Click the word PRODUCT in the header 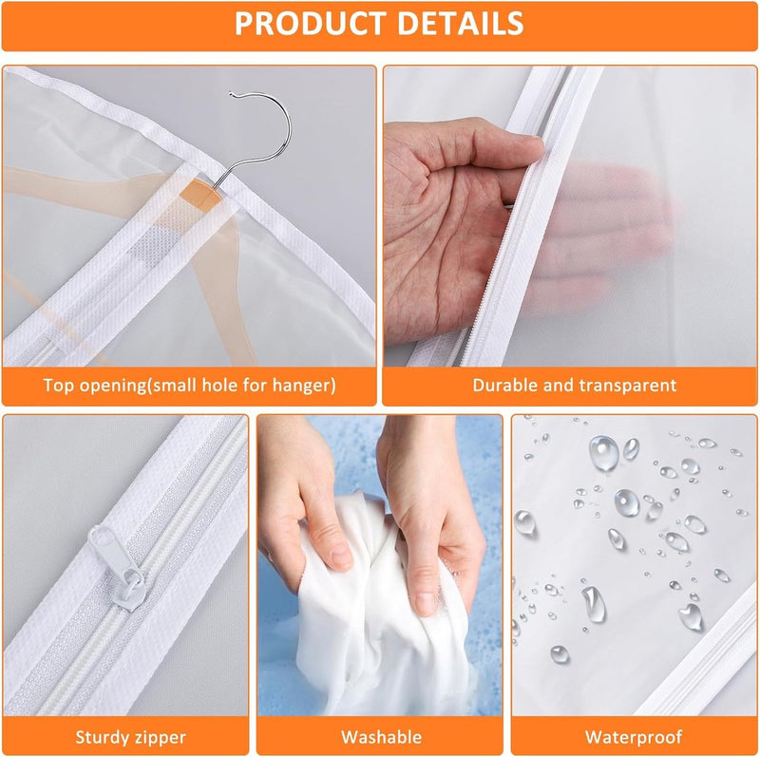(x=312, y=23)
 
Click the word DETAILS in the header (x=461, y=23)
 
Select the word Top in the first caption (x=59, y=386)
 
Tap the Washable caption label (x=382, y=737)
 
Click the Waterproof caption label (x=634, y=737)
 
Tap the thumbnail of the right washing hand (x=424, y=603)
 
